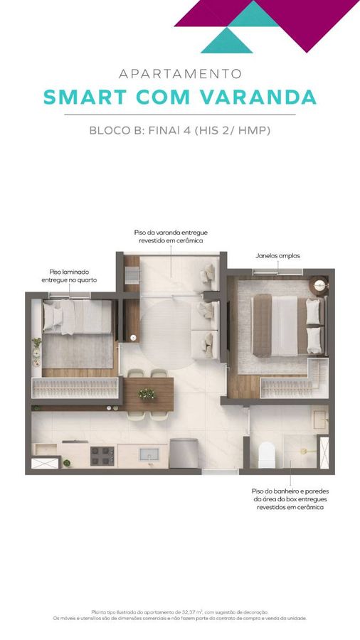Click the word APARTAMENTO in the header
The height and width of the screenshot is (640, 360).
tap(180, 74)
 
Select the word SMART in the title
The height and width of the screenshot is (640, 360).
tap(85, 97)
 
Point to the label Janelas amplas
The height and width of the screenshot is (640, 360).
tap(277, 256)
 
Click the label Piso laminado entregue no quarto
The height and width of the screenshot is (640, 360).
tap(69, 276)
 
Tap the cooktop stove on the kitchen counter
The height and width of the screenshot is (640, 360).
tap(102, 456)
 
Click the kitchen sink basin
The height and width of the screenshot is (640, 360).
tap(149, 454)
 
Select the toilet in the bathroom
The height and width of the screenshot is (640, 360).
tap(267, 454)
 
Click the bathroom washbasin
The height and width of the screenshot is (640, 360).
tap(320, 420)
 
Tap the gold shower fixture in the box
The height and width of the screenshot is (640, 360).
tap(306, 451)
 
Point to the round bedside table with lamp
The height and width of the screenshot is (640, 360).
tap(319, 285)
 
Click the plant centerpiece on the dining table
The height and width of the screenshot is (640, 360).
tap(146, 394)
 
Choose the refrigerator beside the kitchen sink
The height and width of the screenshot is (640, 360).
tap(184, 453)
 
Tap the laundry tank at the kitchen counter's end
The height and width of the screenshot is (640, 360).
tap(46, 449)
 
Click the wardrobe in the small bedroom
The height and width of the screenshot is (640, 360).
tap(75, 388)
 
